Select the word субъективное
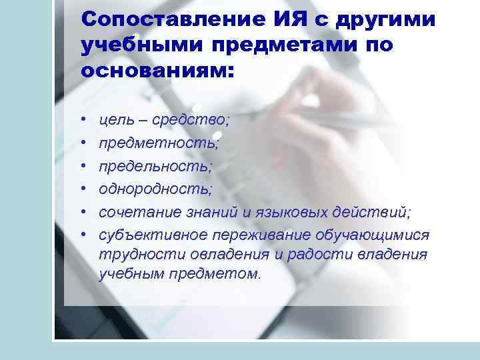click(153, 235)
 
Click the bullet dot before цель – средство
click(85, 121)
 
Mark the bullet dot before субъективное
click(85, 235)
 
